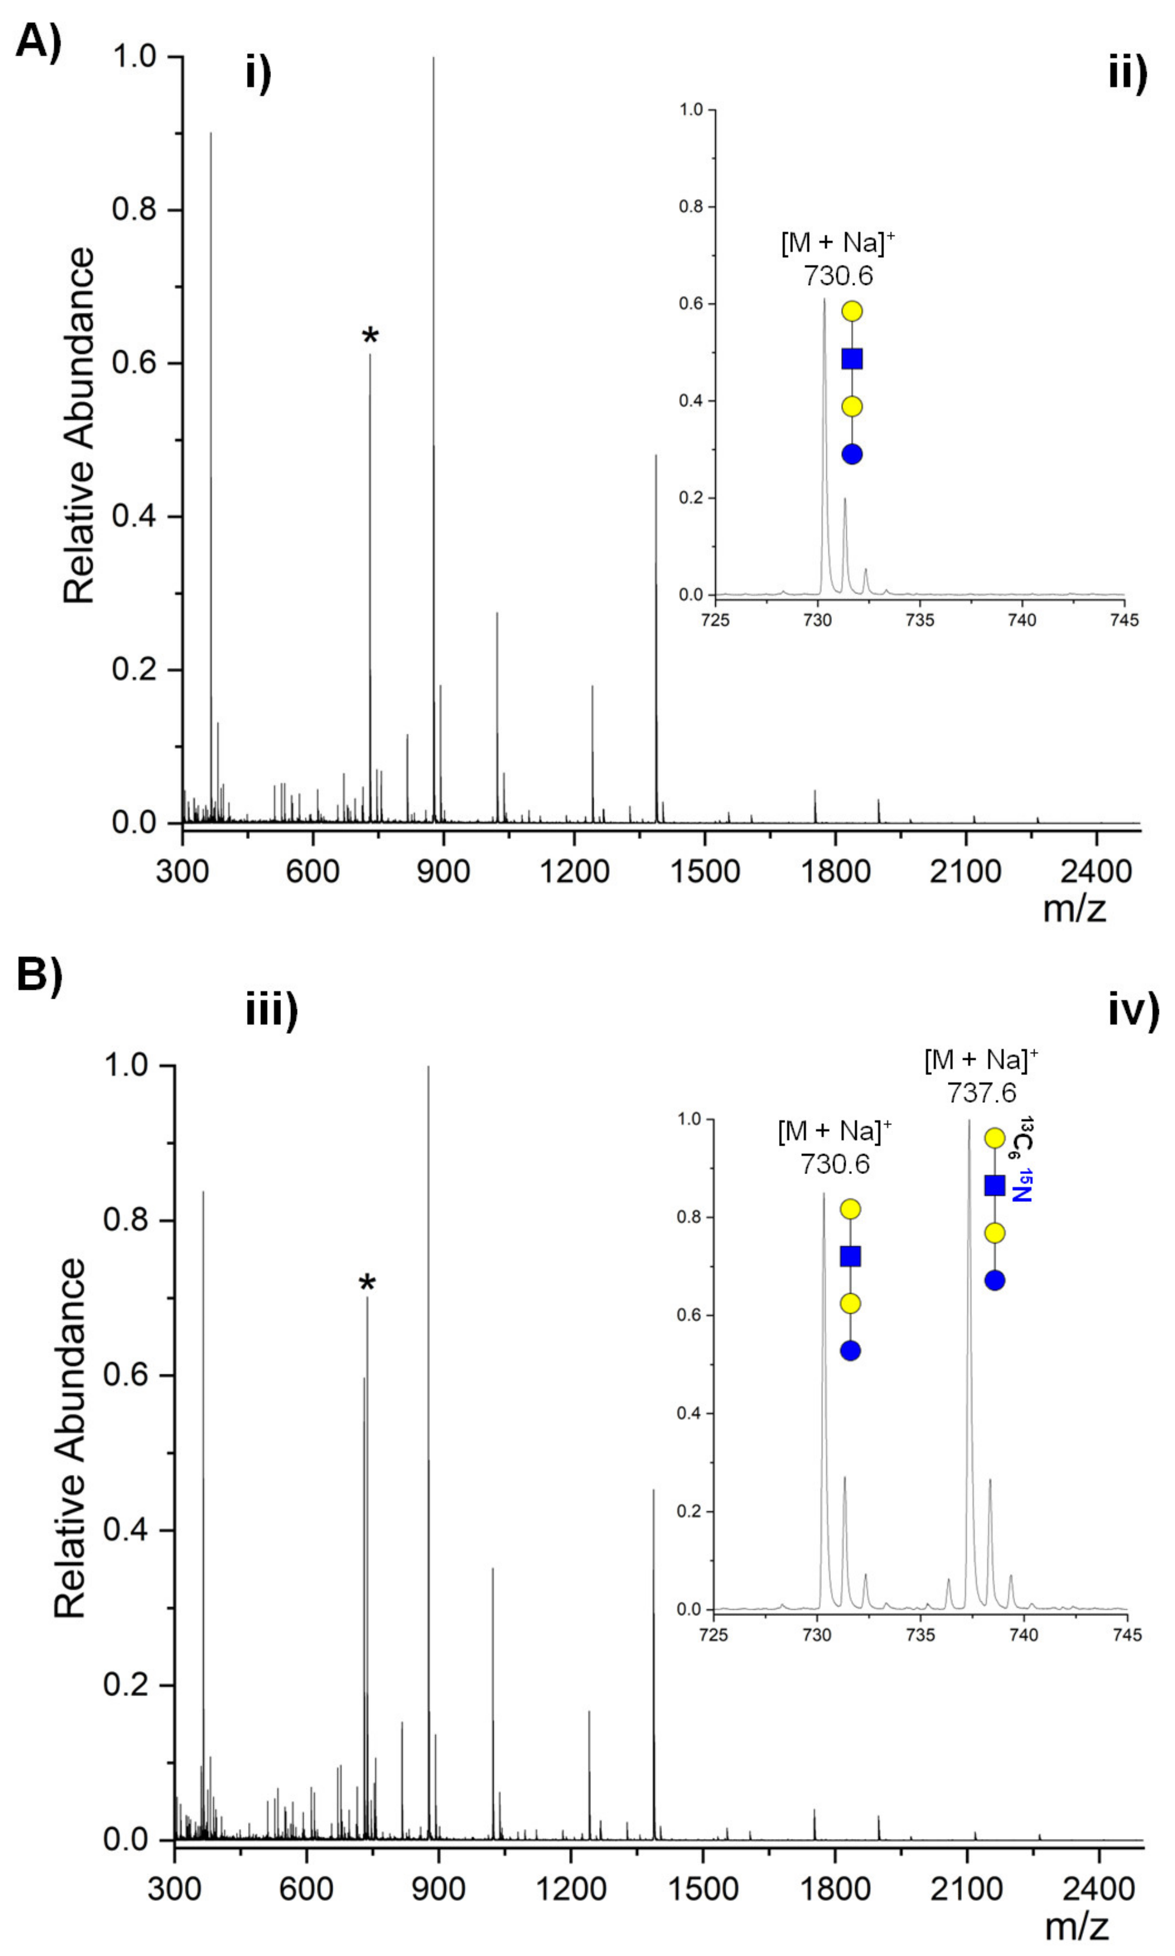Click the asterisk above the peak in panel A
(x=370, y=336)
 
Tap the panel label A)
(x=38, y=41)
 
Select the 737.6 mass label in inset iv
(x=981, y=1093)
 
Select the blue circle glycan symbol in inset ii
(x=852, y=454)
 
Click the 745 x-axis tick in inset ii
(x=1124, y=619)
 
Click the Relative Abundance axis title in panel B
(x=70, y=1436)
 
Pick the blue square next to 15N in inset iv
(x=995, y=1185)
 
